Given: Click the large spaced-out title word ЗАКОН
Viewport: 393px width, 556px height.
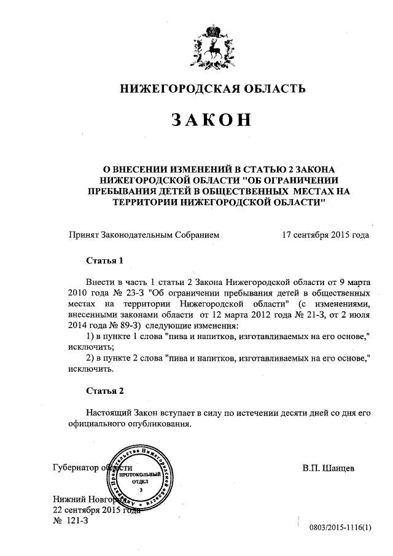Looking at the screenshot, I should [x=212, y=120].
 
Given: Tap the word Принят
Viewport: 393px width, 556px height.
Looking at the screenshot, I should [x=86, y=234].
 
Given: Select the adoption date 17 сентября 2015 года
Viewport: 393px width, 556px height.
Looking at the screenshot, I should [x=325, y=234].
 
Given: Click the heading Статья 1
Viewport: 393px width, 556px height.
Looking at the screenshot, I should [x=104, y=260].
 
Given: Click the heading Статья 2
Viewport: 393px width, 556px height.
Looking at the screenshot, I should [x=104, y=390].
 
